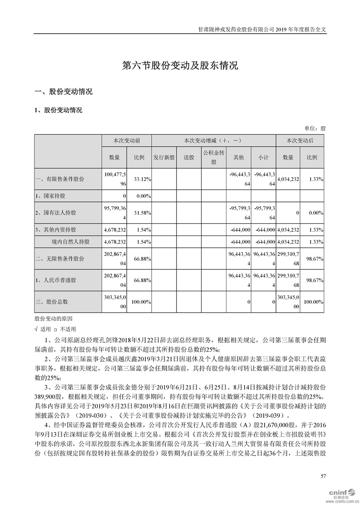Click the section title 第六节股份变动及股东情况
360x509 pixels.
coord(180,66)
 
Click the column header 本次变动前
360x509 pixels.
coord(126,141)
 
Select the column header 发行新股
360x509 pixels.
coord(164,157)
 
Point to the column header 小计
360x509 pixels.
coord(263,157)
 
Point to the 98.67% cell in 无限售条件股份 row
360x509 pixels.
coord(314,258)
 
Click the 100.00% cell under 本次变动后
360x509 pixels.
coord(313,301)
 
